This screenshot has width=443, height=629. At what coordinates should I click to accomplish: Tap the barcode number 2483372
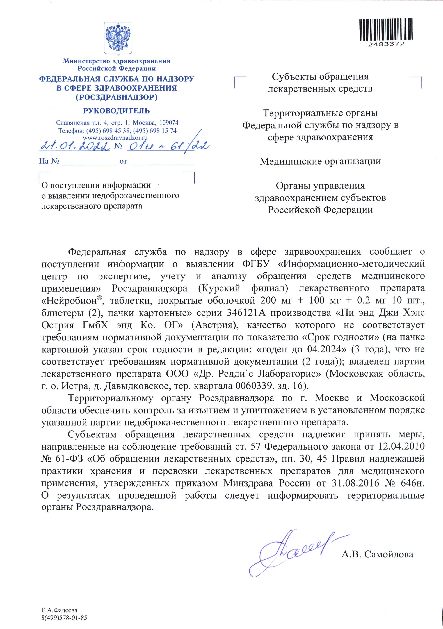(x=386, y=44)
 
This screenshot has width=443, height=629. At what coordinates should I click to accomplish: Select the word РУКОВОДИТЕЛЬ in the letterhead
(x=117, y=111)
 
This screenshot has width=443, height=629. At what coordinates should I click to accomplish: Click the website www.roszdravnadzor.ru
(x=115, y=138)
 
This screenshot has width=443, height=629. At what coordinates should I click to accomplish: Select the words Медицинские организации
(x=320, y=161)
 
